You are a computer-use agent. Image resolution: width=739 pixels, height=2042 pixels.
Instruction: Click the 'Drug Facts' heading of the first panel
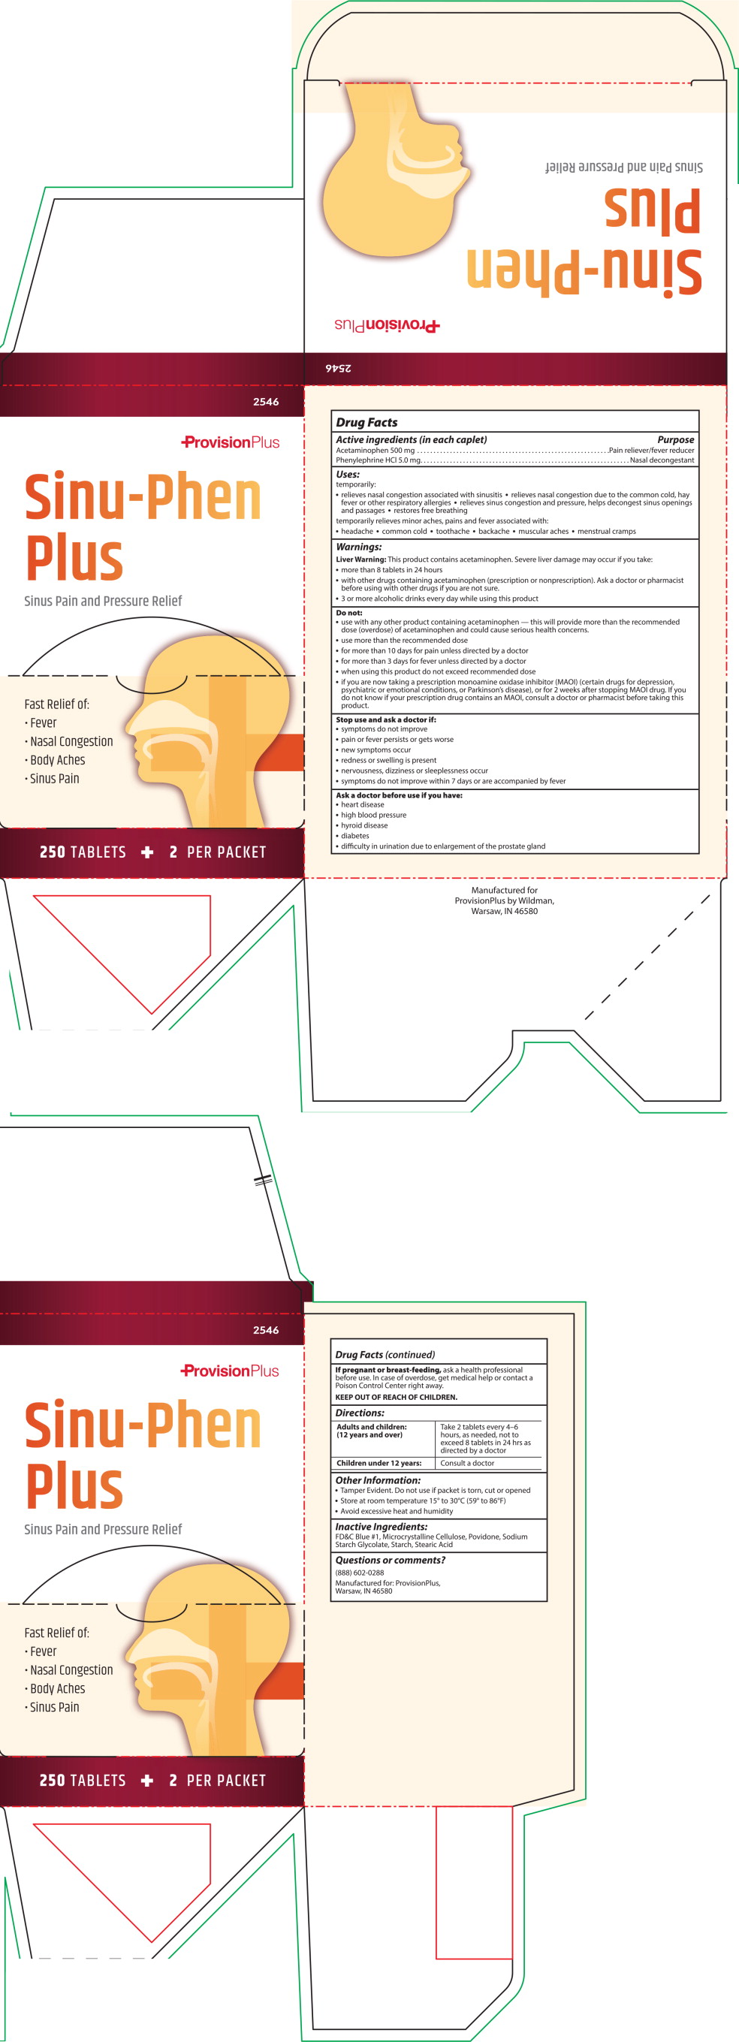(x=366, y=423)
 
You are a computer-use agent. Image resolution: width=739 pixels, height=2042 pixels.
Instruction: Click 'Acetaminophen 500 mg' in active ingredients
(x=375, y=451)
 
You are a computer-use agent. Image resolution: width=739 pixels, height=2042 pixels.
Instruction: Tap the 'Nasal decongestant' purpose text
(x=662, y=460)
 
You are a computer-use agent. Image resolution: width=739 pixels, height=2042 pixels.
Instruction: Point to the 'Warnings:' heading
(x=358, y=547)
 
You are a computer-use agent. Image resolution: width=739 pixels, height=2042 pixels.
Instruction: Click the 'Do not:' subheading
(x=349, y=613)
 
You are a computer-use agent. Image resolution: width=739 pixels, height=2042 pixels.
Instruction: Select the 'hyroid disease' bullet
(x=364, y=825)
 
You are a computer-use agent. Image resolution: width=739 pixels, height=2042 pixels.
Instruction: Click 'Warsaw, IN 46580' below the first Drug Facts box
(x=504, y=911)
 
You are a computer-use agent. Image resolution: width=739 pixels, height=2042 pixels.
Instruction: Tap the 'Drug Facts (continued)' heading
(x=385, y=1355)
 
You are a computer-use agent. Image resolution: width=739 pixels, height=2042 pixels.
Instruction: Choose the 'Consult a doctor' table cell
(x=467, y=1463)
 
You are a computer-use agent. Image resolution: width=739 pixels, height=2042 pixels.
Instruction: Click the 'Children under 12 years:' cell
(x=379, y=1463)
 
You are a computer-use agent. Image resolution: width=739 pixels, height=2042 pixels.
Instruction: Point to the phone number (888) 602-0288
(x=359, y=1573)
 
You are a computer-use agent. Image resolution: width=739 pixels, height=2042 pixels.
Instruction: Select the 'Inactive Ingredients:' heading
(x=381, y=1527)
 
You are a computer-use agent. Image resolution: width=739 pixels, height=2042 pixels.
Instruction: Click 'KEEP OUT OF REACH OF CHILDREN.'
(x=396, y=1398)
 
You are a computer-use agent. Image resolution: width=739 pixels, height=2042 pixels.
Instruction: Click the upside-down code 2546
(x=339, y=368)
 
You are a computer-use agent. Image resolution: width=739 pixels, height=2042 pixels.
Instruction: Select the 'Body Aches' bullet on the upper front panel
(x=57, y=760)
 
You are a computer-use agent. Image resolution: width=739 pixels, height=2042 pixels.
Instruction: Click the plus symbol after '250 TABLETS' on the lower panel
(x=147, y=1781)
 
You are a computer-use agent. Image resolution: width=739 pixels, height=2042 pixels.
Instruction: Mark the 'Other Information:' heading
(x=378, y=1480)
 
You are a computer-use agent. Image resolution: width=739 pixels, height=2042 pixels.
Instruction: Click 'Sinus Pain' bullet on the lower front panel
(x=54, y=1707)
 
